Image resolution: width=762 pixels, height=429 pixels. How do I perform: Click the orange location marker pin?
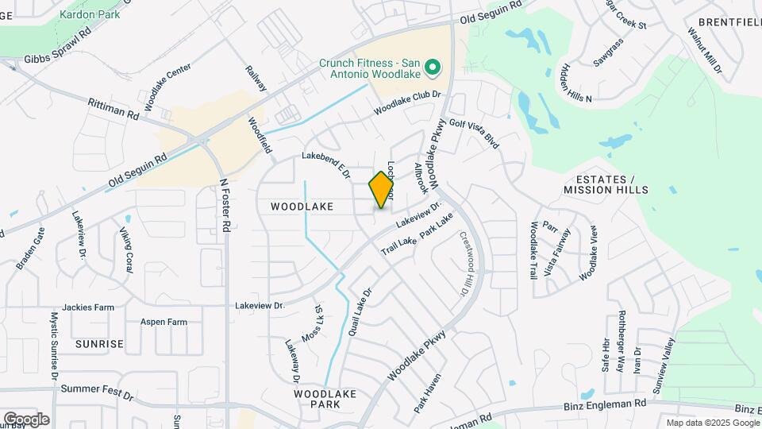point(382,190)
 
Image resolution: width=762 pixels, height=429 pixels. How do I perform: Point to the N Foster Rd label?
point(225,204)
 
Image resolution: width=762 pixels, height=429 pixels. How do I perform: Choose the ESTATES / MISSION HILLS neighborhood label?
point(606,184)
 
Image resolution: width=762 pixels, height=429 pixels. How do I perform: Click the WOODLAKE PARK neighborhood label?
point(317,399)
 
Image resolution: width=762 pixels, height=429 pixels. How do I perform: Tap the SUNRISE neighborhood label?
point(99,344)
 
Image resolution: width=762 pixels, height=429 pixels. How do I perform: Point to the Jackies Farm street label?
point(88,307)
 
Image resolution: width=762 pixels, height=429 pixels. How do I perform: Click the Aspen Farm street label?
point(164,322)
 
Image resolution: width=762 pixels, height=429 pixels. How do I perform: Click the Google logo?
point(26,419)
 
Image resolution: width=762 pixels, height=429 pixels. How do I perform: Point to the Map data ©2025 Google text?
point(712,423)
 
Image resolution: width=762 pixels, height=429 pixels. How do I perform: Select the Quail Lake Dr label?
point(359,311)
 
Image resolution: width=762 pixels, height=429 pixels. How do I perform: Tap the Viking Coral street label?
point(126,249)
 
